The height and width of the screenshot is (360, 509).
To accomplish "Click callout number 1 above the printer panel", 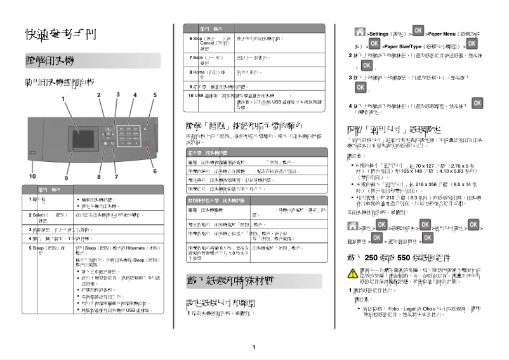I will tap(63, 98).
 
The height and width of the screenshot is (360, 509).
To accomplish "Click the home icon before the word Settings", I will tap(360, 32).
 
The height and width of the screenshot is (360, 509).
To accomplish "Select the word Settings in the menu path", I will tap(379, 33).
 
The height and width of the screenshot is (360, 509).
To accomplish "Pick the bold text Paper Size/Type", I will tap(404, 46).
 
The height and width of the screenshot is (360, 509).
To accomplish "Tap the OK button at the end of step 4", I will tap(477, 103).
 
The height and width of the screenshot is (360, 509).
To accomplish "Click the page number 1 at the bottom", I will tap(253, 347).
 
